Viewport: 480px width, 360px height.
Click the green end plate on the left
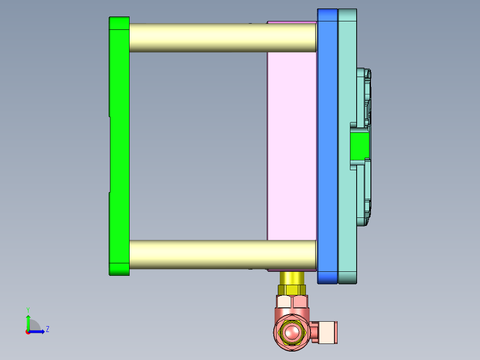(x=119, y=147)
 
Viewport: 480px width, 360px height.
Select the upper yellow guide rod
(x=223, y=37)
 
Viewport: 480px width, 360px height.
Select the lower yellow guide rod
(x=223, y=254)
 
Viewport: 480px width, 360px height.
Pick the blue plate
(x=327, y=147)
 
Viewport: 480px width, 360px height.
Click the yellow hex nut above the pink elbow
(x=292, y=290)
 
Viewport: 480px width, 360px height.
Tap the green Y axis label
(x=28, y=309)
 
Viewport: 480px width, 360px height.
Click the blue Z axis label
(x=47, y=329)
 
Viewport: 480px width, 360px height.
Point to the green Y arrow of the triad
(x=28, y=322)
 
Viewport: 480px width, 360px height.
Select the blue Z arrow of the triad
(x=38, y=331)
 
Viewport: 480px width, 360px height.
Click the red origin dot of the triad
(x=28, y=331)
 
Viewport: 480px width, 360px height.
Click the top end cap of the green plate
(x=119, y=23)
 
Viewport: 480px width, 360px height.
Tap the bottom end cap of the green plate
(x=119, y=269)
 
